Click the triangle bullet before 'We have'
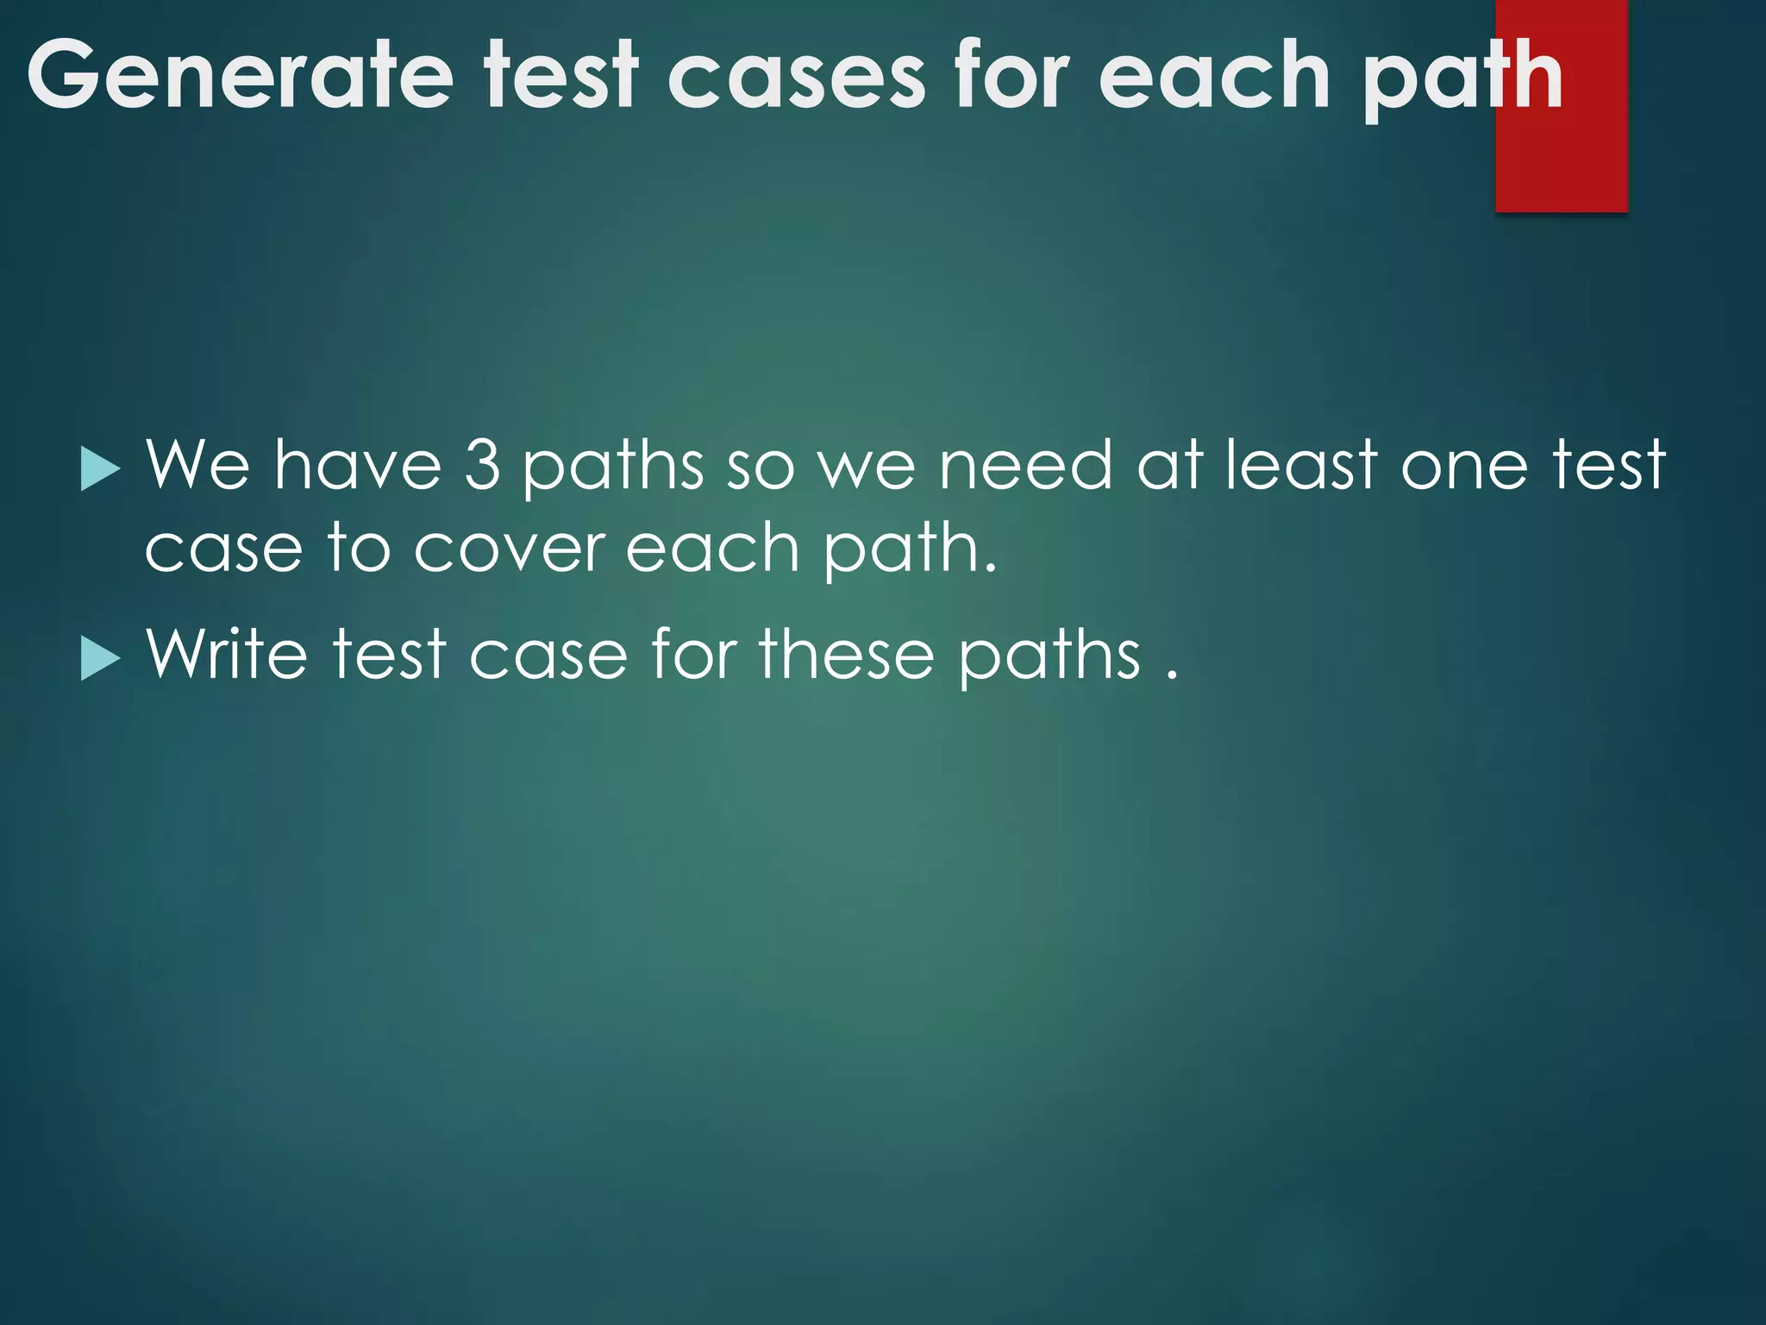point(100,470)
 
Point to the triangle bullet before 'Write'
point(100,660)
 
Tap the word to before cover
point(359,548)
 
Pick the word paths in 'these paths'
point(1049,657)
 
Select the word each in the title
point(1215,76)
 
